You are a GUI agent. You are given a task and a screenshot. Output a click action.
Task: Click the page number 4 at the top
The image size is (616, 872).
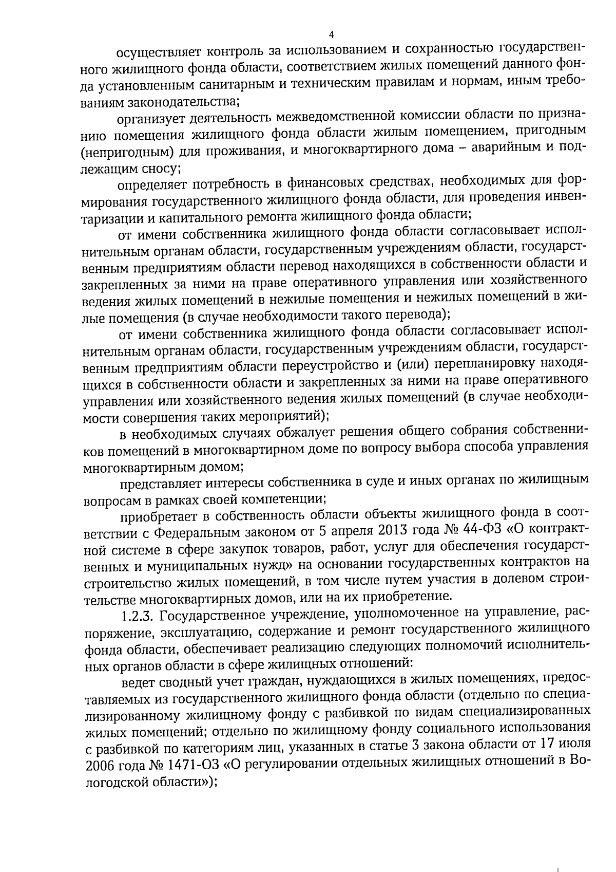pyautogui.click(x=331, y=35)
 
